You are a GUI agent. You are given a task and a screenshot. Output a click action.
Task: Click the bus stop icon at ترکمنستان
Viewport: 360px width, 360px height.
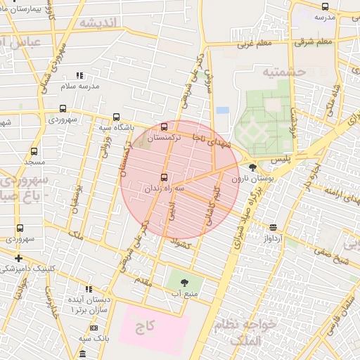(x=165, y=127)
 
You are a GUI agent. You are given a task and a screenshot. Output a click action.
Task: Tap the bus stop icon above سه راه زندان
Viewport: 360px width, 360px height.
(x=165, y=177)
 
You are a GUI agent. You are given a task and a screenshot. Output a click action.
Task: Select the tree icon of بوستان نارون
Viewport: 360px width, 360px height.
(x=253, y=167)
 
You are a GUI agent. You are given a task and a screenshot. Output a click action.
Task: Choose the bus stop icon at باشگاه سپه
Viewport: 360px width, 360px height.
(x=116, y=117)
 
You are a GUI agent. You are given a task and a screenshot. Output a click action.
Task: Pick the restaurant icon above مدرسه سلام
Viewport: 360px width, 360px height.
(x=79, y=75)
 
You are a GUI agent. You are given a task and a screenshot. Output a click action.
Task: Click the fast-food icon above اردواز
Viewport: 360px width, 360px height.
(x=273, y=226)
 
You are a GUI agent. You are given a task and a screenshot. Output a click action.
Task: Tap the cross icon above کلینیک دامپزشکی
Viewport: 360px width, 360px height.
(x=18, y=258)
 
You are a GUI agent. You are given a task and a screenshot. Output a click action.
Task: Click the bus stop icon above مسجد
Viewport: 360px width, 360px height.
(x=34, y=151)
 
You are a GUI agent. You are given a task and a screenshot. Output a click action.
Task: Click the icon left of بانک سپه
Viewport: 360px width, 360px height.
(x=94, y=328)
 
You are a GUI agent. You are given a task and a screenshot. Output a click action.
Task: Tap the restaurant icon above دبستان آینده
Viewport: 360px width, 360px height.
(x=89, y=288)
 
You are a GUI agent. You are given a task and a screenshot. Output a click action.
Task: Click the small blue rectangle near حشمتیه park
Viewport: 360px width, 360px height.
(x=223, y=110)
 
